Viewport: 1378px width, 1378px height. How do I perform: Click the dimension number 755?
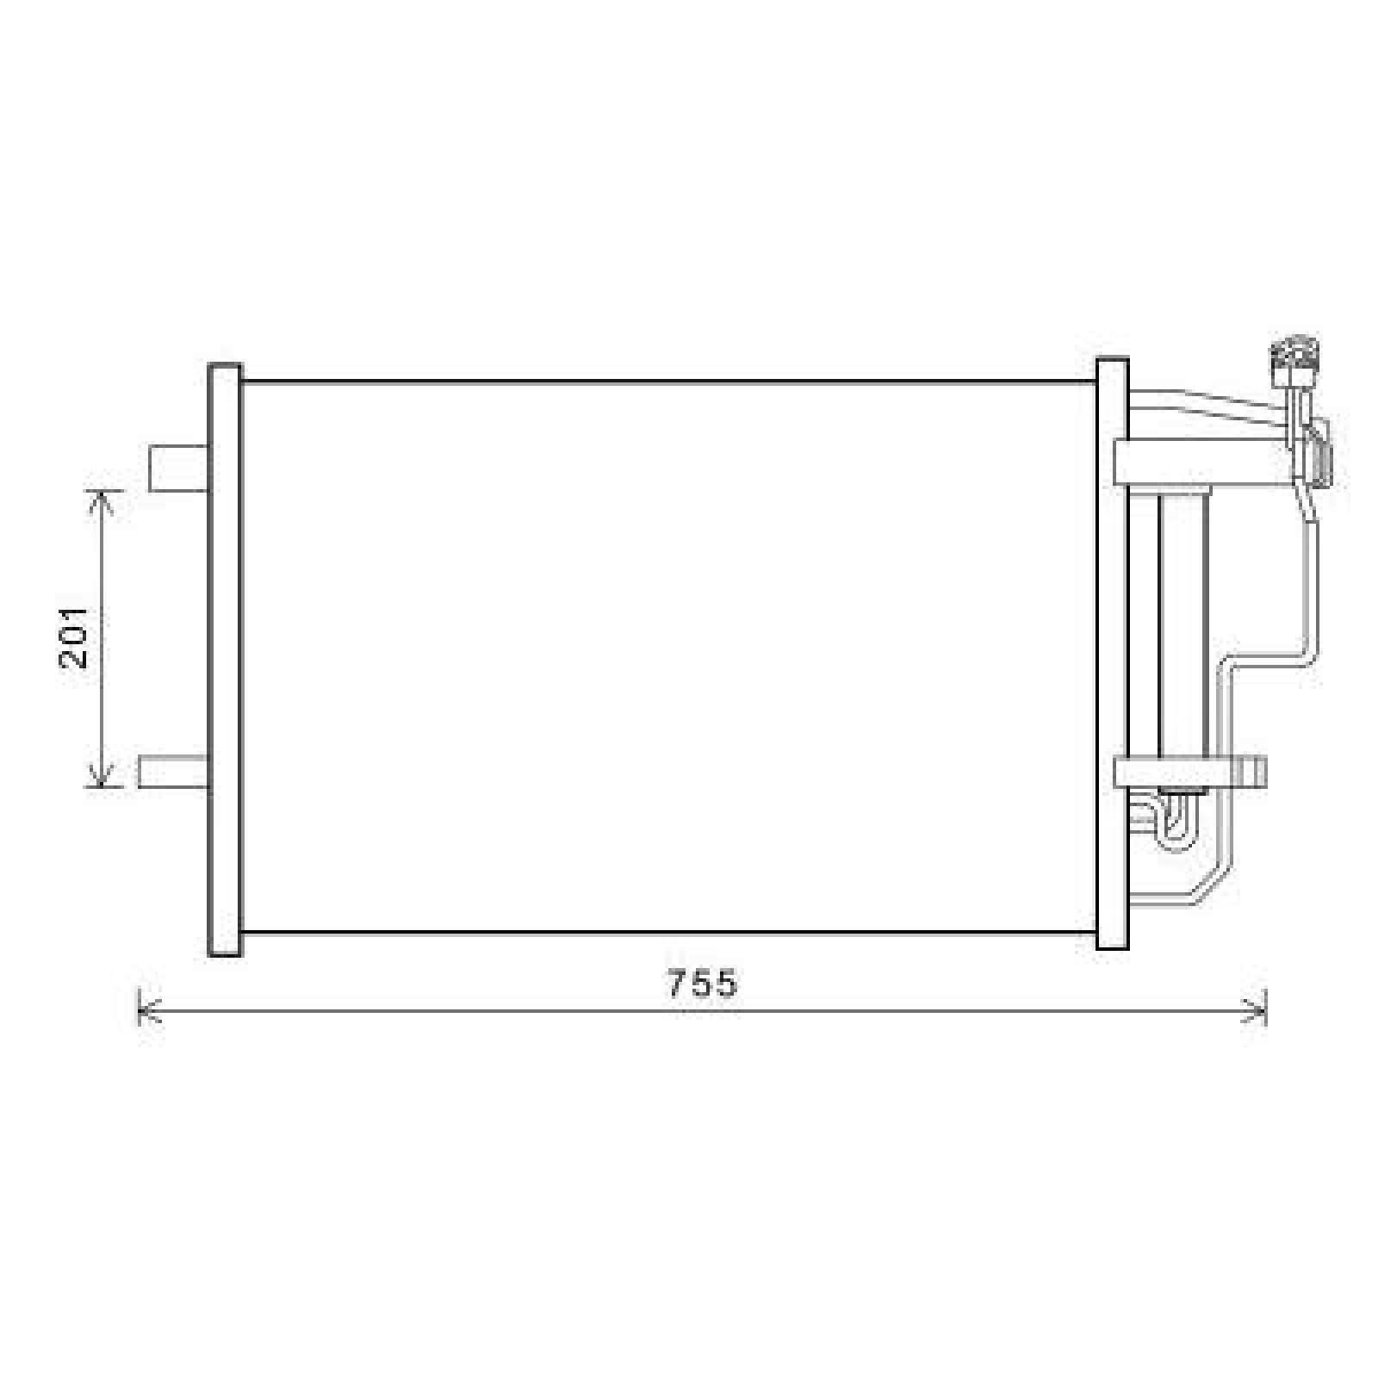pyautogui.click(x=703, y=983)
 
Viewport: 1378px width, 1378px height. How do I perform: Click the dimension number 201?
pyautogui.click(x=75, y=636)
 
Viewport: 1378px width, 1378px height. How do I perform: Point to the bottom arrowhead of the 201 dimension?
pyautogui.click(x=102, y=780)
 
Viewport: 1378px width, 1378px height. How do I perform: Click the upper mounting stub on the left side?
pyautogui.click(x=178, y=469)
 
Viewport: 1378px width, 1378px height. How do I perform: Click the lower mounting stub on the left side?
pyautogui.click(x=172, y=771)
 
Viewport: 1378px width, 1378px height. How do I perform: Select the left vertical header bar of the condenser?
pyautogui.click(x=225, y=659)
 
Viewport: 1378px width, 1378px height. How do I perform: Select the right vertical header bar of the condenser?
pyautogui.click(x=1112, y=655)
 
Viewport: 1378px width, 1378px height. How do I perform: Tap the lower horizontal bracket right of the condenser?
pyautogui.click(x=1189, y=772)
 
